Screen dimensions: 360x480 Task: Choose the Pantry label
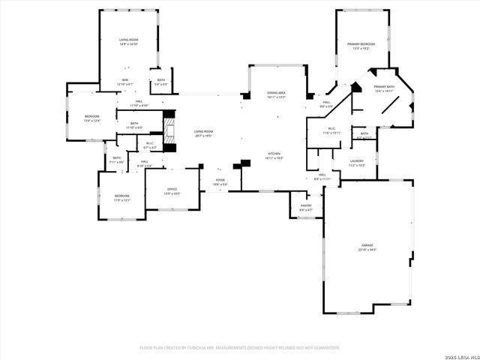(306, 207)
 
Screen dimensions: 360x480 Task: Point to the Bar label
(125, 82)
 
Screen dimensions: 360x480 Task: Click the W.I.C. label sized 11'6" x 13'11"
(331, 130)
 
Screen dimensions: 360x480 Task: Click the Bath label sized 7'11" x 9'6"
(117, 160)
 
